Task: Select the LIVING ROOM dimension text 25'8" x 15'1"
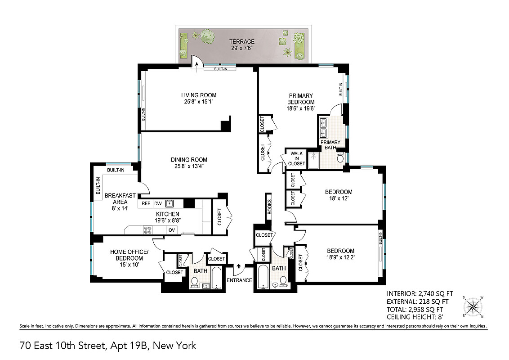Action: point(199,102)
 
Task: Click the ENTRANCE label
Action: point(239,280)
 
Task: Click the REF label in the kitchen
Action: point(146,203)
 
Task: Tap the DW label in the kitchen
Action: point(158,203)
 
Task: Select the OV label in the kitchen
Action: point(171,230)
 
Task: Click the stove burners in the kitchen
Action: point(148,230)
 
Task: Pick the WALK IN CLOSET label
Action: point(297,158)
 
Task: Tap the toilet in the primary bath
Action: point(340,158)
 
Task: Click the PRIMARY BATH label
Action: point(330,145)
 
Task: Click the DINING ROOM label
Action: point(189,163)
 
